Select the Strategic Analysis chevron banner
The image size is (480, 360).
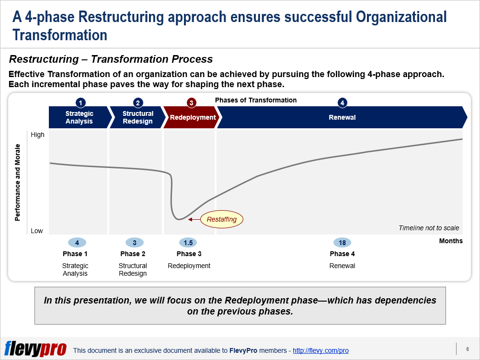(x=80, y=117)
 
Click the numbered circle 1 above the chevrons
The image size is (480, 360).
(x=80, y=103)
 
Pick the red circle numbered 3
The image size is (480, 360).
(x=191, y=103)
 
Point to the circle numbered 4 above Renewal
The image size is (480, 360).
(x=342, y=103)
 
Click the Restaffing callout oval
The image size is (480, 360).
(x=222, y=219)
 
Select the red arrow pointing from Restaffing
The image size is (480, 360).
(x=194, y=219)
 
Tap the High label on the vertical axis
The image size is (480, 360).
(x=38, y=135)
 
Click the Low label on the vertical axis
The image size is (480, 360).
(x=37, y=231)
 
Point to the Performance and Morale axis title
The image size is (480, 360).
(x=17, y=182)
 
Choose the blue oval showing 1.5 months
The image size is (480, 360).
(x=188, y=243)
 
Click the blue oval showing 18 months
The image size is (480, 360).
(x=342, y=243)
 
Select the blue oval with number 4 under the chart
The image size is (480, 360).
(x=77, y=243)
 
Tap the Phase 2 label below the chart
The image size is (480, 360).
(x=133, y=254)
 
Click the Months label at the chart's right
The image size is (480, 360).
(x=451, y=241)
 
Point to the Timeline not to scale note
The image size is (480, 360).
(x=429, y=228)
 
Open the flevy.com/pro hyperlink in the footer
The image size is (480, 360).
(x=320, y=350)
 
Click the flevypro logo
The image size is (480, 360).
(x=35, y=349)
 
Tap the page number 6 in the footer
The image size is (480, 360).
(x=468, y=349)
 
